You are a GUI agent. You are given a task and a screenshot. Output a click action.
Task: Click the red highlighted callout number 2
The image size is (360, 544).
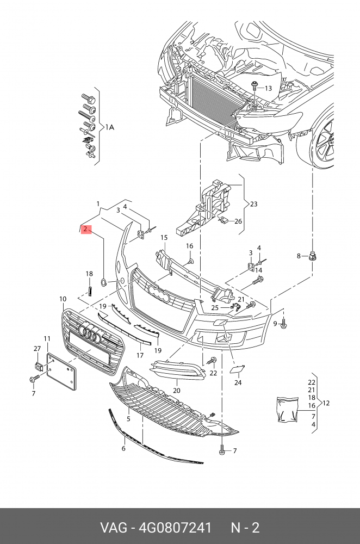(86, 230)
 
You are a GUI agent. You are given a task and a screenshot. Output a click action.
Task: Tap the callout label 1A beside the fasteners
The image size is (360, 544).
(110, 127)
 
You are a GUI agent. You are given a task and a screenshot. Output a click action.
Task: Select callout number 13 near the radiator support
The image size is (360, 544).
(268, 88)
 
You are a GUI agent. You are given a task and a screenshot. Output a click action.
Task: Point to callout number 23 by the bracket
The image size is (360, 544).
(253, 204)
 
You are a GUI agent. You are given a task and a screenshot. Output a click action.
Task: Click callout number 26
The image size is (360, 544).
(238, 221)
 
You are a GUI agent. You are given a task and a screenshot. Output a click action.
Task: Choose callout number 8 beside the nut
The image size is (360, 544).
(298, 256)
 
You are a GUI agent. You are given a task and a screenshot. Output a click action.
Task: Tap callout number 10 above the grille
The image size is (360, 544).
(63, 299)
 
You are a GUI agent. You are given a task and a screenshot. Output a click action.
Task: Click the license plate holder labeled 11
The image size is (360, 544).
(62, 372)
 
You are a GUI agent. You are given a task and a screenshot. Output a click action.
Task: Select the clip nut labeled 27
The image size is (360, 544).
(38, 366)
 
